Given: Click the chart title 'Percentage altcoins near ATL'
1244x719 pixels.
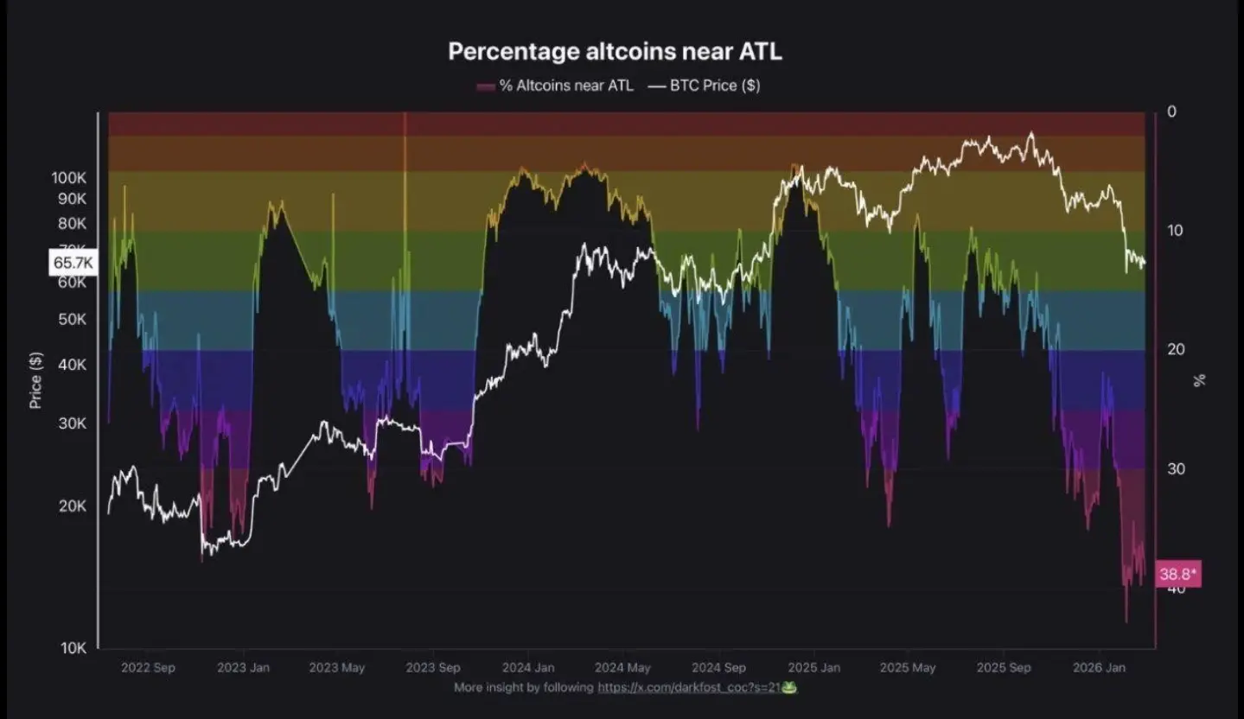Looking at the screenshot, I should click(615, 51).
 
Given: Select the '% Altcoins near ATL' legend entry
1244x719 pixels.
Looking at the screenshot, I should click(555, 86).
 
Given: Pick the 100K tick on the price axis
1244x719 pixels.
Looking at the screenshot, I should click(69, 177).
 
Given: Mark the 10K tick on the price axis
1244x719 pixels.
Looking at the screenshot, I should click(73, 648).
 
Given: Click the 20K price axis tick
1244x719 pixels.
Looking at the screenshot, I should click(73, 506).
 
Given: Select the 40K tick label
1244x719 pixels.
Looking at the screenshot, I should click(73, 365).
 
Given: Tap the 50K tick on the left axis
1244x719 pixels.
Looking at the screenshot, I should click(73, 319).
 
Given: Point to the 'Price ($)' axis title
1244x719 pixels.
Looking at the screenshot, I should click(35, 380).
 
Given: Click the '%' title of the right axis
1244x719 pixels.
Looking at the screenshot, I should click(1199, 380).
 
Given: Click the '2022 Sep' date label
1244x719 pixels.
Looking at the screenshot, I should click(149, 668).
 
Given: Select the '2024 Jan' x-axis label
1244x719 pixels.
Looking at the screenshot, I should click(528, 668).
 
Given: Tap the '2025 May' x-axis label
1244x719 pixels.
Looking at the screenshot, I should click(908, 668).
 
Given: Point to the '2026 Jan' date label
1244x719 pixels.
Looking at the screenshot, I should click(1099, 668).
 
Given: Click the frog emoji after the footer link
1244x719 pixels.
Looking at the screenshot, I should click(788, 688).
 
